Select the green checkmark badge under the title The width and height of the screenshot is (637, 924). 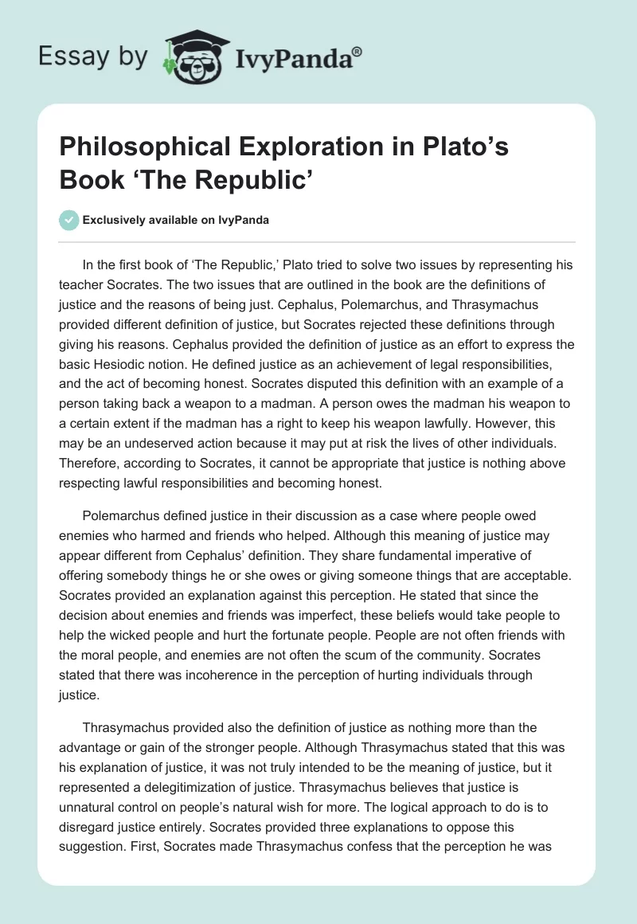tap(69, 220)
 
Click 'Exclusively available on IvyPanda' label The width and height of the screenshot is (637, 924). tap(176, 220)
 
